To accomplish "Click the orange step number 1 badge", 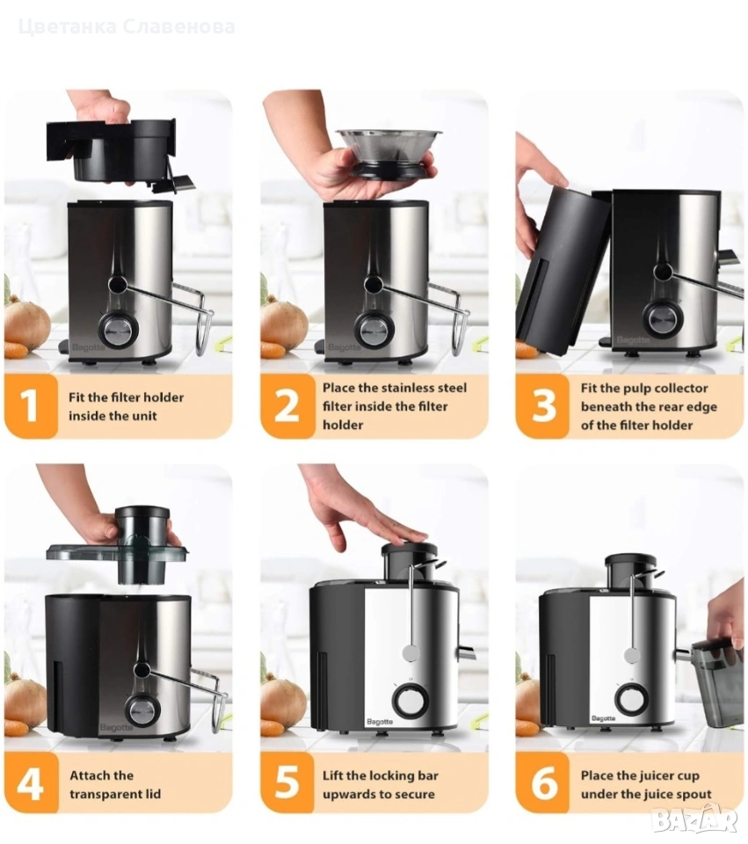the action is tap(31, 406).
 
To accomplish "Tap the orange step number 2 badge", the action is tap(287, 406).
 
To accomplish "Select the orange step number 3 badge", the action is tap(542, 406).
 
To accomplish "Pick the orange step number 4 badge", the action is tap(31, 782).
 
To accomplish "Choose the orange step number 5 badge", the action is tap(287, 782).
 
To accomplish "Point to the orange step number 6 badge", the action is tap(542, 782).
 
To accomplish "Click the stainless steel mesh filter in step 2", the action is tap(389, 152).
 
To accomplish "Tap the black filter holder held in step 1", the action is tap(120, 152).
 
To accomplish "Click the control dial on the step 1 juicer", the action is tap(117, 331).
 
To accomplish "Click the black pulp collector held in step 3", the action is tap(563, 269).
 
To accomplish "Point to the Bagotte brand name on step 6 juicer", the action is tap(603, 718).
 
